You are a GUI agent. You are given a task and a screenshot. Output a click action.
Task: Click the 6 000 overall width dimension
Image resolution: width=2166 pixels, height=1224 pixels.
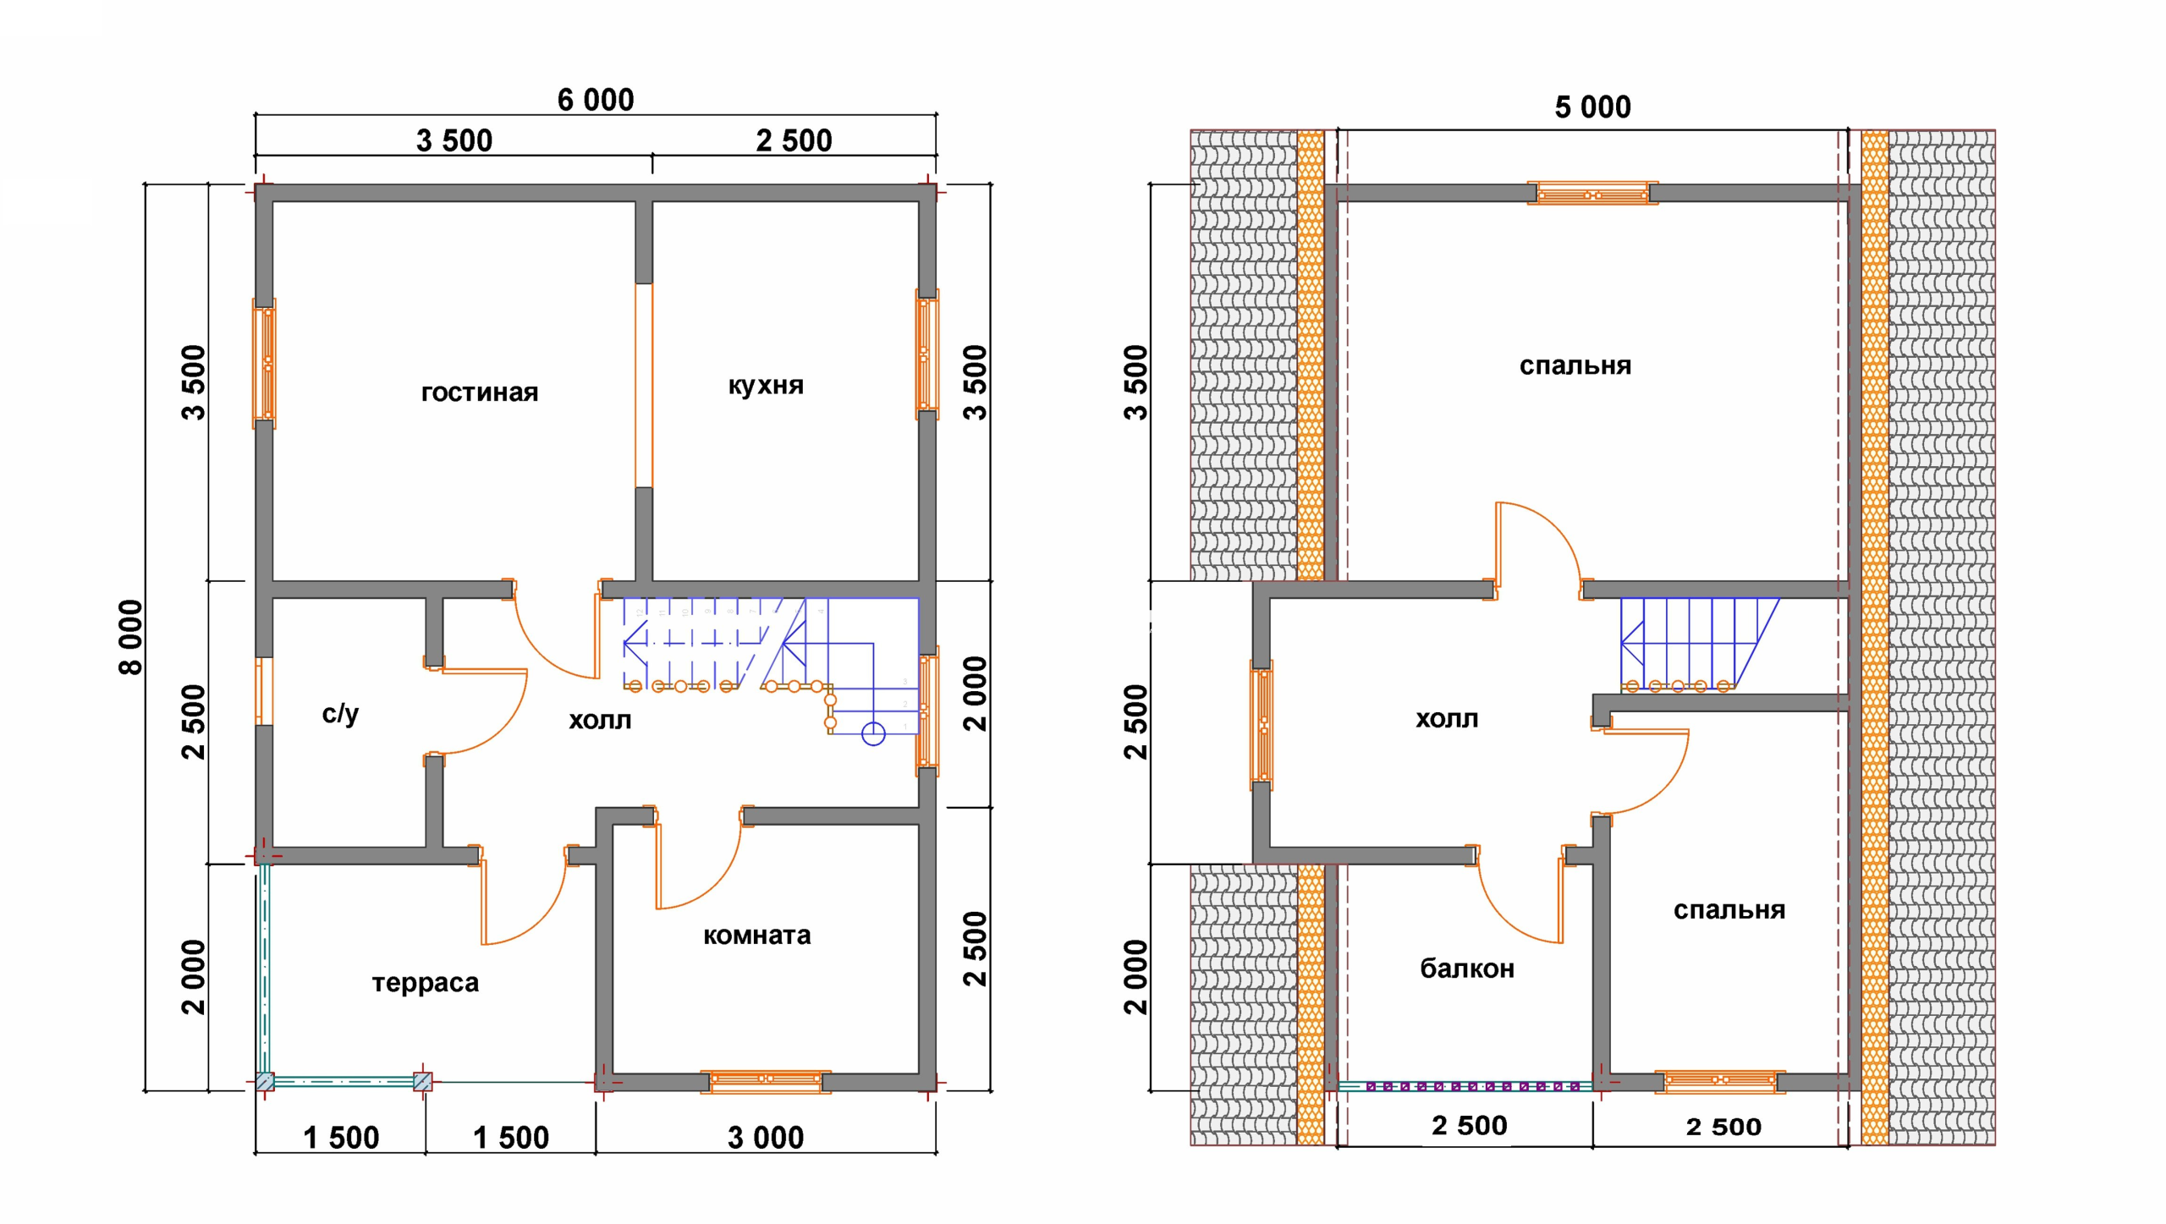pyautogui.click(x=596, y=100)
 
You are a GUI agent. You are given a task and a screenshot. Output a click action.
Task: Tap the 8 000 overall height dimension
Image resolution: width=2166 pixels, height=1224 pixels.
pyautogui.click(x=131, y=637)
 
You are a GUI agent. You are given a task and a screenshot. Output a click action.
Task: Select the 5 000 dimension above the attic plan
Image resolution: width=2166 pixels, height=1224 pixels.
pyautogui.click(x=1592, y=107)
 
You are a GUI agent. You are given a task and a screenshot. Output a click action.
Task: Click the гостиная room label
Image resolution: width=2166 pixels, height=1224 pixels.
pyautogui.click(x=480, y=392)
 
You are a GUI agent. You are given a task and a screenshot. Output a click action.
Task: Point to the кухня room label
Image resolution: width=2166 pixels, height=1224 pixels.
pyautogui.click(x=766, y=386)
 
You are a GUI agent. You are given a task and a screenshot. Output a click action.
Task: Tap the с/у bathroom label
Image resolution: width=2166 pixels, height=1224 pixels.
pyautogui.click(x=340, y=714)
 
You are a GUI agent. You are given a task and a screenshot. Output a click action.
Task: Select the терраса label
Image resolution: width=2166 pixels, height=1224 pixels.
pyautogui.click(x=426, y=983)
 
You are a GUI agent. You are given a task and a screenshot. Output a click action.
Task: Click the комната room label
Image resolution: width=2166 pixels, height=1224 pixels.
pyautogui.click(x=757, y=936)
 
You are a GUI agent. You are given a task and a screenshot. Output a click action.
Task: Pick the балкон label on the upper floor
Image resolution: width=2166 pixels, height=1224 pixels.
pyautogui.click(x=1467, y=969)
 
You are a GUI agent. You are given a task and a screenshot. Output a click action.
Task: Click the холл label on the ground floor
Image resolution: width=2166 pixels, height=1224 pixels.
pyautogui.click(x=600, y=721)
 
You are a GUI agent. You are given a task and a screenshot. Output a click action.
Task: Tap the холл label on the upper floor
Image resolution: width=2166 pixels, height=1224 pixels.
pyautogui.click(x=1447, y=720)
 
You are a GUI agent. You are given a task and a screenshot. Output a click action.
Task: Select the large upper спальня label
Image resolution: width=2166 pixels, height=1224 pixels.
pyautogui.click(x=1575, y=366)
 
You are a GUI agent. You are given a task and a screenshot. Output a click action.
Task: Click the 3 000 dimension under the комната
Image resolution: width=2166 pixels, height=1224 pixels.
pyautogui.click(x=766, y=1138)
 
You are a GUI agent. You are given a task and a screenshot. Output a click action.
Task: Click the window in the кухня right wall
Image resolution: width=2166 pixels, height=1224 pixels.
pyautogui.click(x=926, y=354)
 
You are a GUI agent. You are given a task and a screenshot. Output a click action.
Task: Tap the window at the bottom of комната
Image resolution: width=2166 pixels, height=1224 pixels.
pyautogui.click(x=766, y=1081)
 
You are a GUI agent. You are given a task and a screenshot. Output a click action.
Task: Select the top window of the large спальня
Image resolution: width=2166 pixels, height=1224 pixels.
pyautogui.click(x=1592, y=194)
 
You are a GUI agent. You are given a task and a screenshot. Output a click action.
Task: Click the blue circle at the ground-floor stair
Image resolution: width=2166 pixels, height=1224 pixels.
pyautogui.click(x=873, y=733)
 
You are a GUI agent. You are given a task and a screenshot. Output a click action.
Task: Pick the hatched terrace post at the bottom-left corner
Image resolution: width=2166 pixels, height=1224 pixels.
pyautogui.click(x=265, y=1081)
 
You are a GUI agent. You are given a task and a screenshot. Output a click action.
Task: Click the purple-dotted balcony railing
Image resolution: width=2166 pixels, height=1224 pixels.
pyautogui.click(x=1465, y=1086)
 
